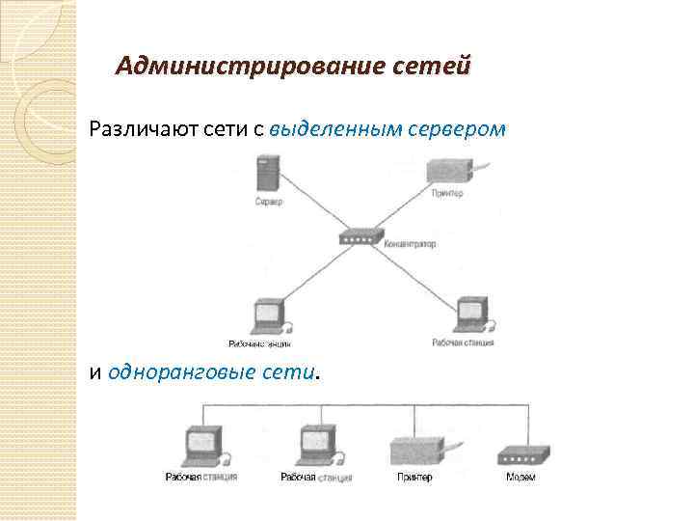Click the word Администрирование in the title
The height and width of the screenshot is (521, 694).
pyautogui.click(x=252, y=67)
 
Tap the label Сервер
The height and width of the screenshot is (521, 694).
pyautogui.click(x=269, y=202)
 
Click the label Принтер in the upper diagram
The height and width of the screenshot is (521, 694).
pyautogui.click(x=448, y=194)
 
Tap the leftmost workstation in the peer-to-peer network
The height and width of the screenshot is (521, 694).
pyautogui.click(x=204, y=447)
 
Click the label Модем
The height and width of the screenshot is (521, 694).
pyautogui.click(x=521, y=477)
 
